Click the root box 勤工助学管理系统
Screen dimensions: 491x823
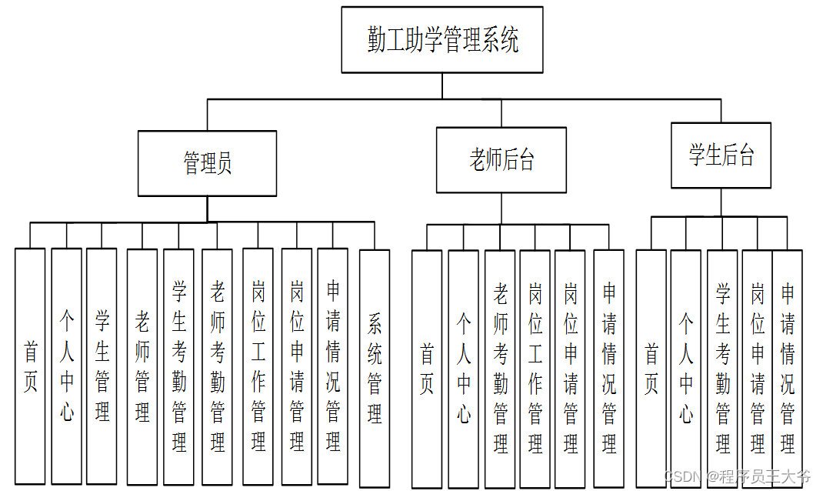click(x=442, y=40)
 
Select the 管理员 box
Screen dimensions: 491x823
click(x=207, y=163)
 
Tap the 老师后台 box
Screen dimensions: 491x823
click(x=501, y=160)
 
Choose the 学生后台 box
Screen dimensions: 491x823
click(x=721, y=155)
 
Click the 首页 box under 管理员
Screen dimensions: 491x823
click(x=30, y=366)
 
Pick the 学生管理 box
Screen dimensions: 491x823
click(x=102, y=366)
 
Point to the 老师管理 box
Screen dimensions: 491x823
click(x=142, y=366)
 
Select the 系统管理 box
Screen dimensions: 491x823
click(x=375, y=366)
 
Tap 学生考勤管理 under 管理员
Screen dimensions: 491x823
click(x=178, y=366)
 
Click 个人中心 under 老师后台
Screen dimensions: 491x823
click(x=463, y=368)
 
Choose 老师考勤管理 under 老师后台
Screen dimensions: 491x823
click(x=500, y=368)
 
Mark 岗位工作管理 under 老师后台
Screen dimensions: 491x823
click(x=535, y=368)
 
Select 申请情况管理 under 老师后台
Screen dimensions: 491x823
click(x=608, y=368)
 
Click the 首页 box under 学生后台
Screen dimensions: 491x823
click(x=651, y=368)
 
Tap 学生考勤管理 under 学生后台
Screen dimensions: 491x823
click(x=722, y=368)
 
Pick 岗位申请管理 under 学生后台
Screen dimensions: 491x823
click(x=757, y=368)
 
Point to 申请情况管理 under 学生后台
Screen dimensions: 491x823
click(x=788, y=368)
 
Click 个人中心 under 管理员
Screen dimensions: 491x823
click(x=66, y=366)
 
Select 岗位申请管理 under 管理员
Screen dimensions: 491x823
click(x=296, y=366)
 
